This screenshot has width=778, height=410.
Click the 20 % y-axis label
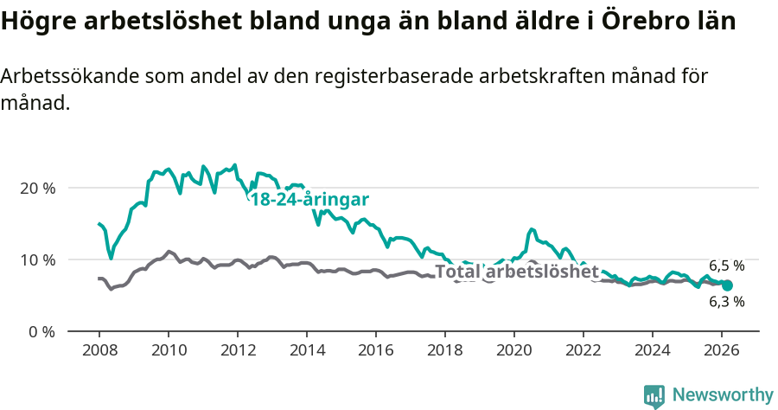[x=36, y=188]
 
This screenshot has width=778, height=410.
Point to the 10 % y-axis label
[x=36, y=259]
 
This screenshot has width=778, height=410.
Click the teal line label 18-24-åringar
[x=309, y=199]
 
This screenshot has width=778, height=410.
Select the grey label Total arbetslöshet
[x=516, y=272]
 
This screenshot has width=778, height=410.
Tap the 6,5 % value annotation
[x=726, y=266]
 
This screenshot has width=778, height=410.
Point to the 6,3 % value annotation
[x=726, y=302]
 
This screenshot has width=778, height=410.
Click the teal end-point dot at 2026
[x=727, y=285]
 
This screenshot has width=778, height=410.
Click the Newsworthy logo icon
[x=654, y=396]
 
